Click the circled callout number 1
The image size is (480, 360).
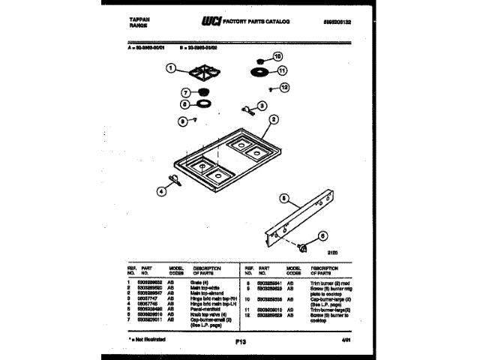click(x=171, y=69)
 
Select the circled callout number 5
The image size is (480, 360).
click(x=284, y=199)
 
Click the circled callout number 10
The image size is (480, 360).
click(x=277, y=56)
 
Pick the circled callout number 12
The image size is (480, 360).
click(x=283, y=88)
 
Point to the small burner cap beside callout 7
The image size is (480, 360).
click(x=202, y=94)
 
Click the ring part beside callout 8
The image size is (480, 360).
click(x=203, y=105)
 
